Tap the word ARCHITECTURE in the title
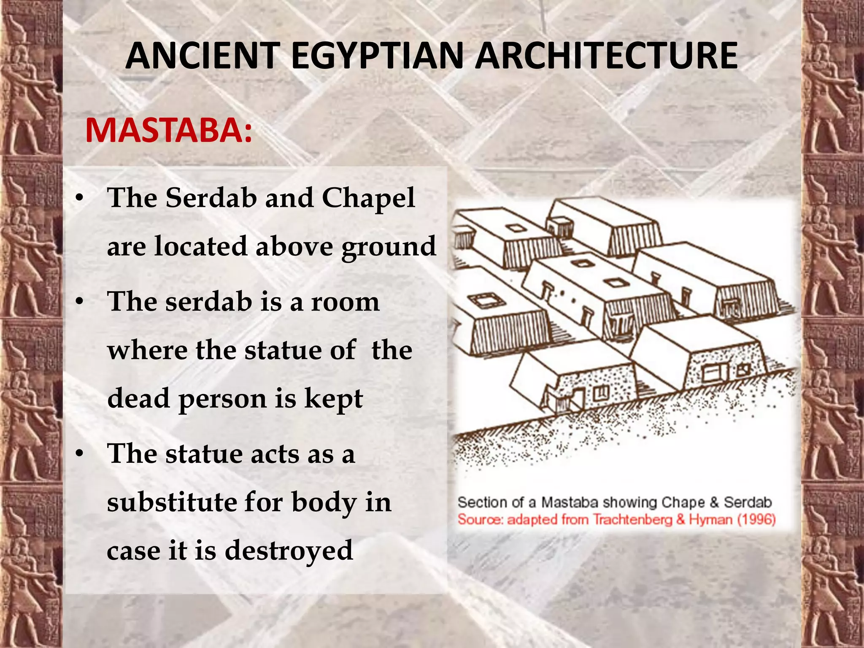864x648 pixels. tap(606, 56)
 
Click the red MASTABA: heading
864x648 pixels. tap(169, 131)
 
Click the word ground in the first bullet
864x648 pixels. tap(388, 247)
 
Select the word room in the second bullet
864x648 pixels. tap(345, 302)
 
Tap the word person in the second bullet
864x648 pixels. tap(222, 399)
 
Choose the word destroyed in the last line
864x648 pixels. tap(289, 551)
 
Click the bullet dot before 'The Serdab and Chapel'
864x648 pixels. tap(79, 198)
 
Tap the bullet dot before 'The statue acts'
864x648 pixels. tap(79, 454)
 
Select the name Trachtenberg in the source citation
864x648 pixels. tap(632, 519)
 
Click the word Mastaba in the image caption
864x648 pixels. tap(570, 502)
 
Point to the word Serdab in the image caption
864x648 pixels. tap(748, 502)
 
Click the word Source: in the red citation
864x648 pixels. tap(480, 519)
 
